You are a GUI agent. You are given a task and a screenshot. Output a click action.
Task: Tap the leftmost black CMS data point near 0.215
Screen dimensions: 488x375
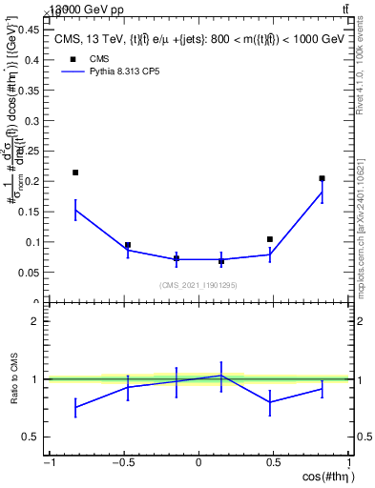click(75, 173)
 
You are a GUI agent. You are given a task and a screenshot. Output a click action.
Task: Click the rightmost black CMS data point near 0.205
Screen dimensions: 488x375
click(323, 178)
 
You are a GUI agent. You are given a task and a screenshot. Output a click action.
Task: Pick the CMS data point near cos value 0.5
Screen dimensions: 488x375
click(270, 239)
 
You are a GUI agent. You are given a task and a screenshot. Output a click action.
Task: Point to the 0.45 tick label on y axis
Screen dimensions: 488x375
click(31, 29)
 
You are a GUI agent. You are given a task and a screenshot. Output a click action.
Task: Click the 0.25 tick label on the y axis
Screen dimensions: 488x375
click(31, 151)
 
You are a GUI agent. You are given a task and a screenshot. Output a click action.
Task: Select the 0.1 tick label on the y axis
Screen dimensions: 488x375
click(33, 242)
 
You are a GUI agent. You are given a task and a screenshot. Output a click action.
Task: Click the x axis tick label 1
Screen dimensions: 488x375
click(348, 463)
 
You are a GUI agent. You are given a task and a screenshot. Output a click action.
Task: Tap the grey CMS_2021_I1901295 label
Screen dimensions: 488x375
click(198, 285)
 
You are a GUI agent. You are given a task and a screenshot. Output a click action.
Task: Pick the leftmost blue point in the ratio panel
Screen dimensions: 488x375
click(75, 407)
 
